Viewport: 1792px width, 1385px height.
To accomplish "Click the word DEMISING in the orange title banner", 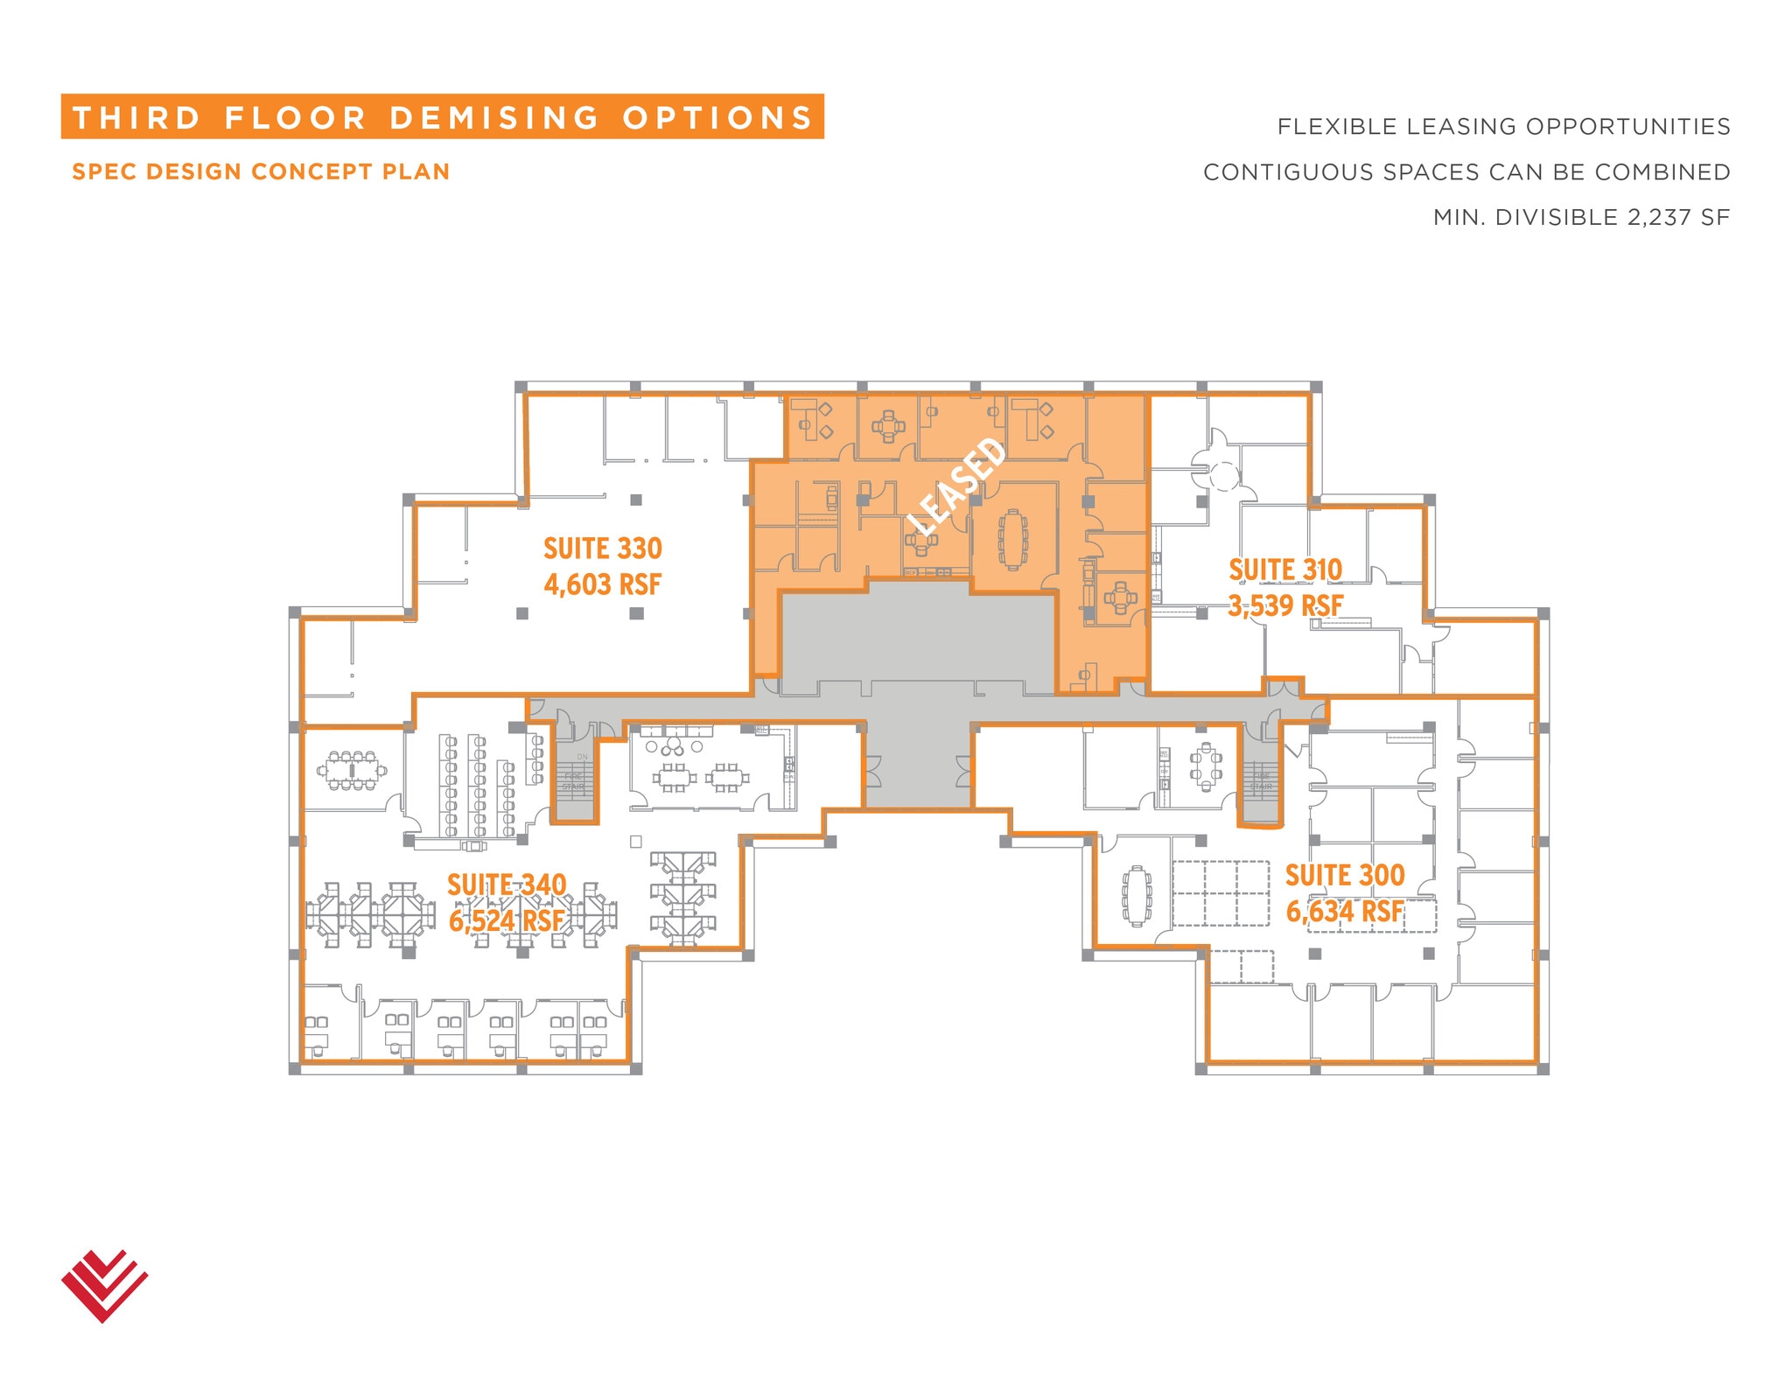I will click(x=494, y=118).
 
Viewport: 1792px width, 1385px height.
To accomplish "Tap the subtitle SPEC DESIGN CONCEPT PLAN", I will click(x=261, y=171).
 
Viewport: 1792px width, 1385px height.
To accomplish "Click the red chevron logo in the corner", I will click(x=104, y=1284).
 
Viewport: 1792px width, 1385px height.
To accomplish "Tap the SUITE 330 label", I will click(x=602, y=549).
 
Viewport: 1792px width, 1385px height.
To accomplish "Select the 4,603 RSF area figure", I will click(x=602, y=584).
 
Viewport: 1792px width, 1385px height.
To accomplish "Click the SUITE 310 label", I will click(x=1284, y=570).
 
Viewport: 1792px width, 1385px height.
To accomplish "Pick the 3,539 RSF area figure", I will click(x=1284, y=605).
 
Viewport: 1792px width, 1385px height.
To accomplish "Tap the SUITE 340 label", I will click(x=507, y=885).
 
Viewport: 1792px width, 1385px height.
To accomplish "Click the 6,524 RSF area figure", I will click(x=507, y=920).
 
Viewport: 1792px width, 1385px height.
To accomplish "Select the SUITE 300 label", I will click(x=1344, y=875).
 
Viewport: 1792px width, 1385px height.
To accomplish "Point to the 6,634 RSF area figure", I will click(x=1344, y=911).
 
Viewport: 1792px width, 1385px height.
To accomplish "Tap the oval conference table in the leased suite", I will click(x=1013, y=539).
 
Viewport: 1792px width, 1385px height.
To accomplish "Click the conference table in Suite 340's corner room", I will click(x=352, y=770).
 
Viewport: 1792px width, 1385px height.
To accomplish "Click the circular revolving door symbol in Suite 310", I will click(x=1222, y=475).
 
